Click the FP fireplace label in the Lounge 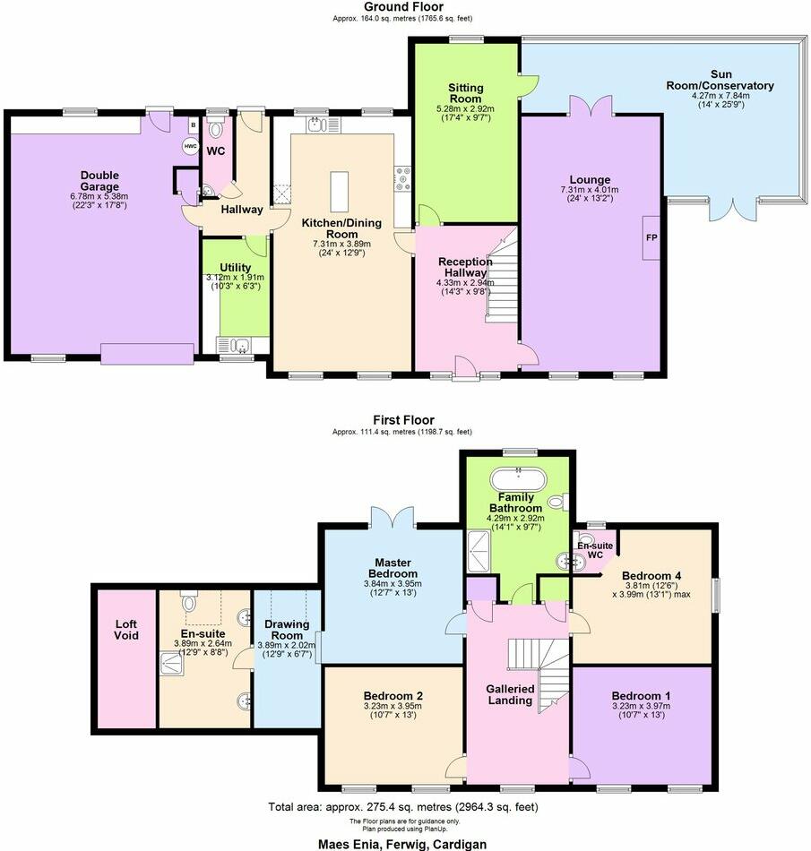click(651, 238)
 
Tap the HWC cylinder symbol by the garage click(190, 146)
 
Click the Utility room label click(235, 267)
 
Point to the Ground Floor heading click(404, 6)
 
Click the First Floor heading click(404, 419)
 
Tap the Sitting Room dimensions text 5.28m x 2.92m click(465, 109)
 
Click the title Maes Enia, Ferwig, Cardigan click(404, 844)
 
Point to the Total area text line click(404, 807)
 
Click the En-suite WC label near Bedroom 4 click(590, 549)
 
